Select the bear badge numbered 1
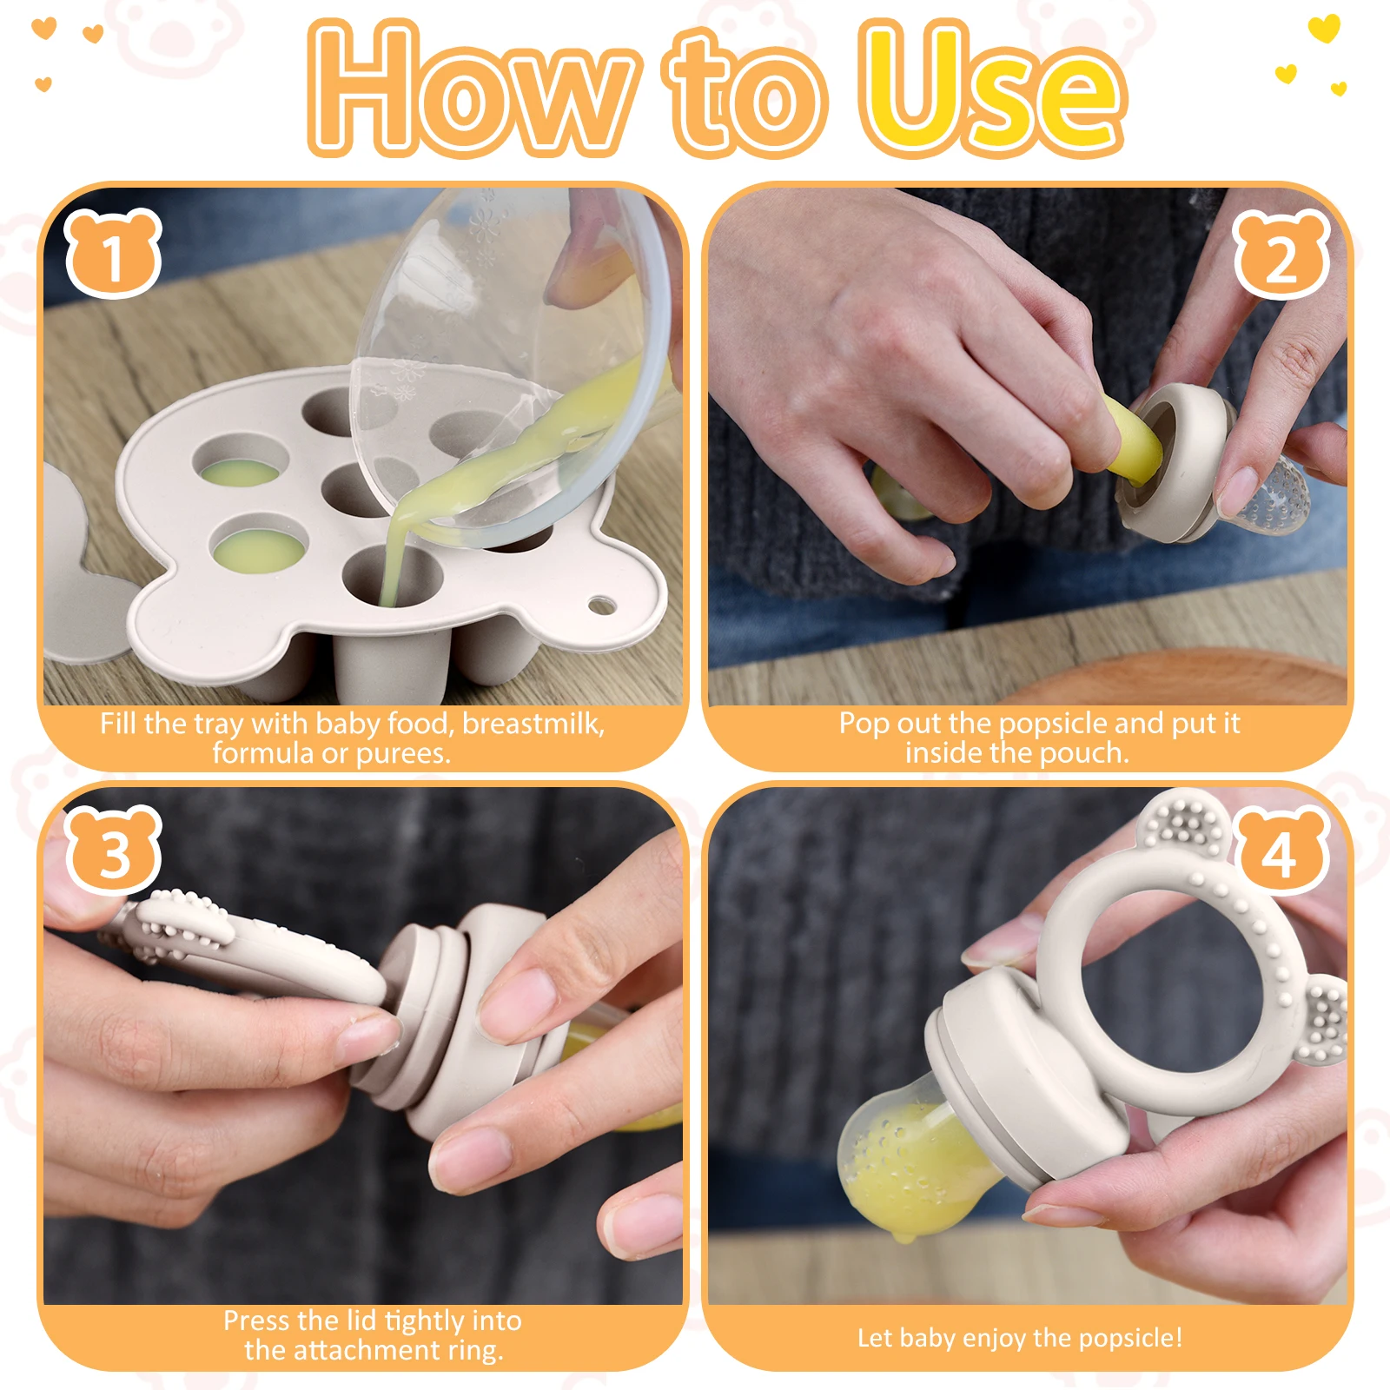point(113,254)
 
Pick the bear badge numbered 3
point(114,851)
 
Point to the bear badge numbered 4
point(1281,851)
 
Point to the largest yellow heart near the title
point(1324,28)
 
